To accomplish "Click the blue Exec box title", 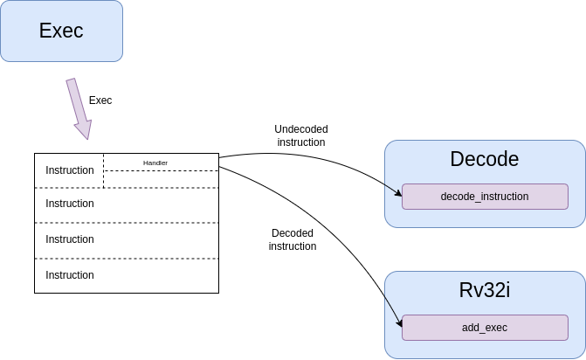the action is [61, 31].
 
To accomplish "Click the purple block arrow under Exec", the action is [79, 108].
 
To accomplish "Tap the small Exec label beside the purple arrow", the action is [100, 100].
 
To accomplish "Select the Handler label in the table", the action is [155, 163].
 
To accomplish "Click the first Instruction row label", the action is [70, 170].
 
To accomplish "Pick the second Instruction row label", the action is [70, 204].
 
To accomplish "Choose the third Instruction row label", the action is [70, 239].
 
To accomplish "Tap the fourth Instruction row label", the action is [70, 275].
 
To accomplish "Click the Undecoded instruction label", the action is [301, 135].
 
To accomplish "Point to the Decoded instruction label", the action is [293, 239].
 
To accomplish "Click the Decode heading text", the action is [485, 159].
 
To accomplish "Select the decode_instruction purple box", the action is [485, 197].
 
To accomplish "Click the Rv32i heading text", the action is [485, 290].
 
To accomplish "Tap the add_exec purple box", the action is [485, 328].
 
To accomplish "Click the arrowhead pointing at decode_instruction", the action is [399, 193].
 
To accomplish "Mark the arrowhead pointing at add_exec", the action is [399, 322].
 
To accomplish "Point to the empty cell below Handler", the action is [161, 179].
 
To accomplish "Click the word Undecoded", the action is [301, 129].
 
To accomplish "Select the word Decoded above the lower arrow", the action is [293, 233].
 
